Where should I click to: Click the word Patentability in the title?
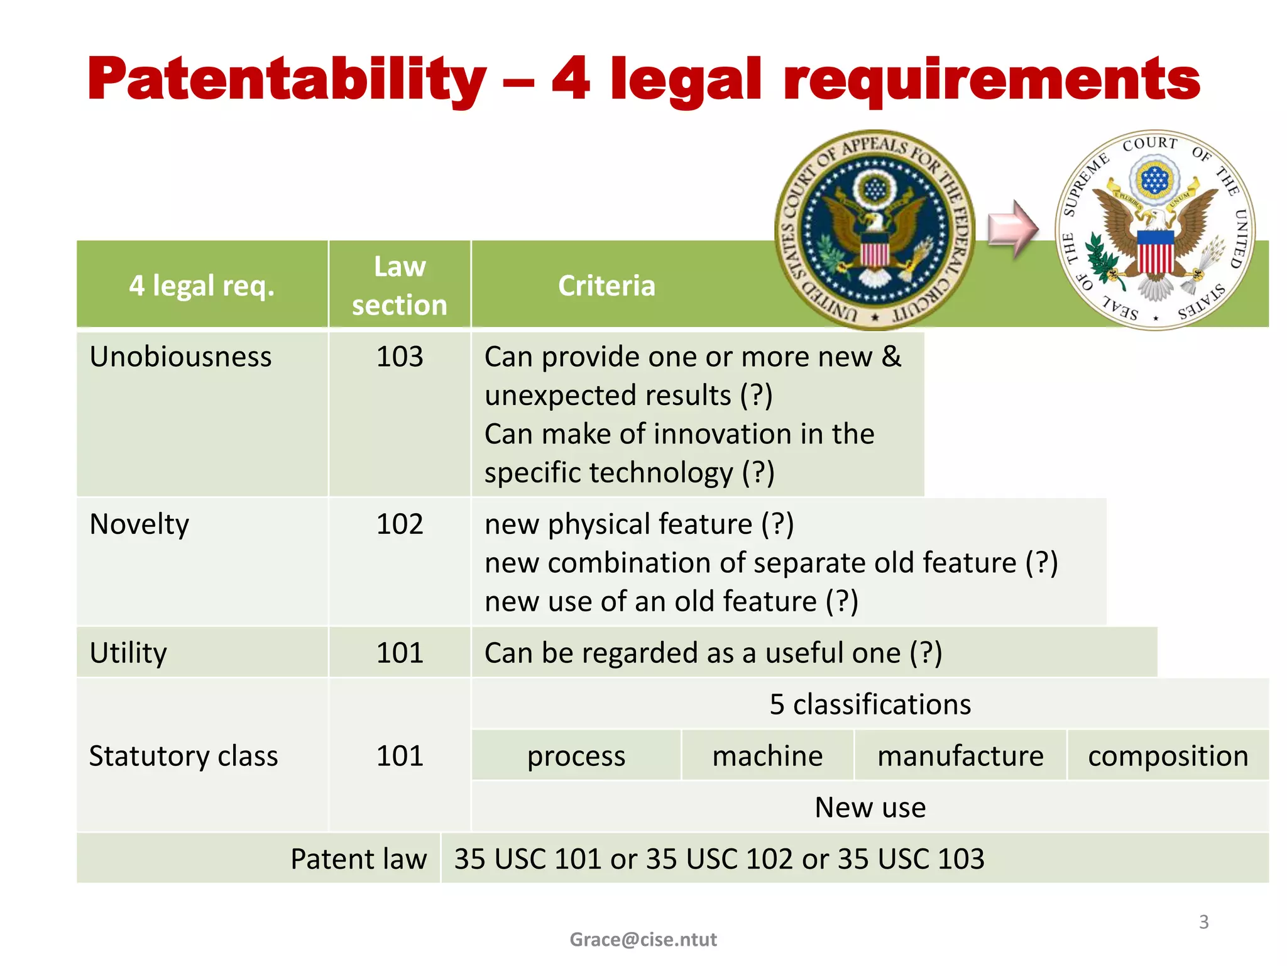[287, 80]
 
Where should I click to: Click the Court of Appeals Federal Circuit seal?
[875, 230]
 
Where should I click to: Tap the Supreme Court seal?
[1155, 230]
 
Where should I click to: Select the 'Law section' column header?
[400, 286]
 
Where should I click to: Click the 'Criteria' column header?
[606, 286]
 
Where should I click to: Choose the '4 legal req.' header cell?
[202, 286]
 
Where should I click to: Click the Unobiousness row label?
[180, 357]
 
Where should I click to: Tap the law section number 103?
[400, 357]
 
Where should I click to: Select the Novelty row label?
[139, 524]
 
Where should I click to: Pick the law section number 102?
[400, 524]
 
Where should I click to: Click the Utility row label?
[128, 653]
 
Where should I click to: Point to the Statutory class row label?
[183, 755]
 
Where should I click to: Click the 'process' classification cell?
[576, 755]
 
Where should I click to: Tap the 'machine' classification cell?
[767, 755]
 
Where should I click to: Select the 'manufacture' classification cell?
[960, 755]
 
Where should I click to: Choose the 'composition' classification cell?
[1168, 755]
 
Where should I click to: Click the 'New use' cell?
[870, 807]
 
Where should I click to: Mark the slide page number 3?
[1203, 922]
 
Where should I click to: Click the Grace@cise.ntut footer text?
[643, 939]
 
